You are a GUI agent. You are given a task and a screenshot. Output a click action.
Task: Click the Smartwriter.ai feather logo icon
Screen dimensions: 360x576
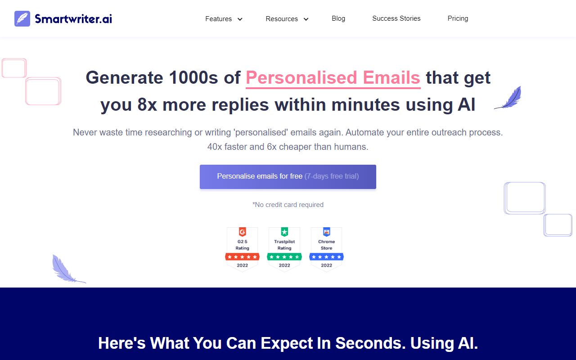point(22,19)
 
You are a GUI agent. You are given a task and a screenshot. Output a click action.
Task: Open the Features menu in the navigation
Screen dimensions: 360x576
point(219,19)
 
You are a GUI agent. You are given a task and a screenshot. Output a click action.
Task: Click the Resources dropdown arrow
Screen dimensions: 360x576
point(306,19)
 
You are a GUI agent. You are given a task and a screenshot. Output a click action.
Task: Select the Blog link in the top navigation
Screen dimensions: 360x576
point(338,18)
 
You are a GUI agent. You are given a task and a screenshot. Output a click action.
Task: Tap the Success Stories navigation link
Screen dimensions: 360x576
point(396,18)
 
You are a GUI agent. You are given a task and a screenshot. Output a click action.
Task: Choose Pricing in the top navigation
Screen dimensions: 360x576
point(458,18)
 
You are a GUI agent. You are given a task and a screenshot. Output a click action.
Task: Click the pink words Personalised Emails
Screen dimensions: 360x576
point(333,78)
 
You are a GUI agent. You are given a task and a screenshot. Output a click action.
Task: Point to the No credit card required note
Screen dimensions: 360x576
point(288,205)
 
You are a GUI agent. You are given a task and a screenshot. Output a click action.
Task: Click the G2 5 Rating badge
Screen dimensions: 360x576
point(242,249)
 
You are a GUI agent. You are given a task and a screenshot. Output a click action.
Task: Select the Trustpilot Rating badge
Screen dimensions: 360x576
point(284,249)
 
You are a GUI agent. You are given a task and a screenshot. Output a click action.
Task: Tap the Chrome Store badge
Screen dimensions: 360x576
point(326,249)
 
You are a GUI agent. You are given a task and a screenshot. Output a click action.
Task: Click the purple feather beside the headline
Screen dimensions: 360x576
point(508,98)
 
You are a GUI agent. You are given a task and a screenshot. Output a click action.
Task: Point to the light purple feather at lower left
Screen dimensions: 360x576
point(66,270)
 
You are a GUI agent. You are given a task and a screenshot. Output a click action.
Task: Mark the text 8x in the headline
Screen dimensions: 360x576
point(147,105)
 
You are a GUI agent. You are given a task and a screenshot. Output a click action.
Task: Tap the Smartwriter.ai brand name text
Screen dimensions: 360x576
point(73,19)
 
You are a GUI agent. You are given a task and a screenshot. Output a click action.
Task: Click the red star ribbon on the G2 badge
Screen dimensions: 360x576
point(242,257)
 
